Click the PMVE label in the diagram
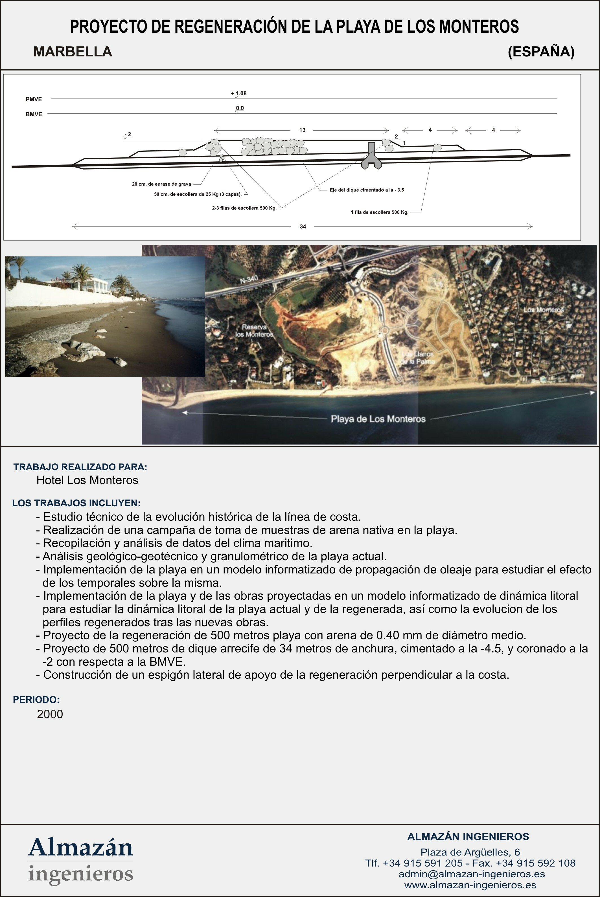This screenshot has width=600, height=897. point(34,99)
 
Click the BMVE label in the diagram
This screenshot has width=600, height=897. point(34,114)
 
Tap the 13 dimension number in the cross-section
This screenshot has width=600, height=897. point(302,130)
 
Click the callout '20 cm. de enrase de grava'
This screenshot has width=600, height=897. point(161,184)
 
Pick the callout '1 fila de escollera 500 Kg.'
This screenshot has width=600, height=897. point(380,212)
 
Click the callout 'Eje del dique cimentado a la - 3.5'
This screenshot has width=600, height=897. point(367,190)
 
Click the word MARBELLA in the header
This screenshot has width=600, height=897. point(73,52)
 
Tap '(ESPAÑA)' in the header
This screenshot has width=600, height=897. point(541,52)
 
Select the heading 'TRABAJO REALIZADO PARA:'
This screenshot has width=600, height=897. point(80,467)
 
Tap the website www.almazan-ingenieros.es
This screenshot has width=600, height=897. point(470,885)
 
